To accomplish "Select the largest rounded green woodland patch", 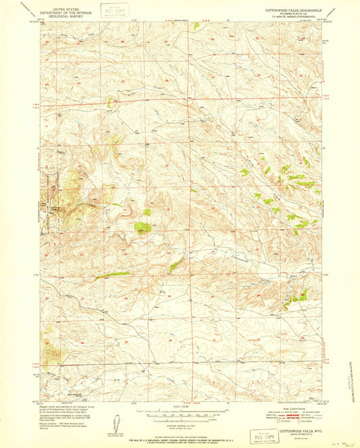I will (x=143, y=226).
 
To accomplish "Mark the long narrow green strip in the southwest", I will (x=112, y=274).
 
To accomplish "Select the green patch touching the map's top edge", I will (x=196, y=25).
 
